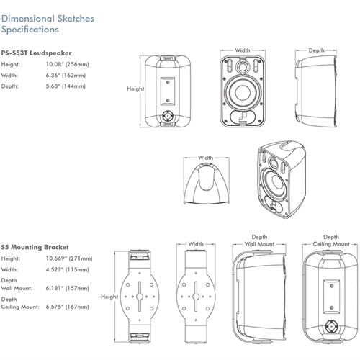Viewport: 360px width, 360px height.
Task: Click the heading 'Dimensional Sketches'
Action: [x=48, y=19]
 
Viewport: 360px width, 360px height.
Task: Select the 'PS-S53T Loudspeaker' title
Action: [x=36, y=53]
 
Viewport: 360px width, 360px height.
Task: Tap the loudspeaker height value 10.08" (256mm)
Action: [x=68, y=64]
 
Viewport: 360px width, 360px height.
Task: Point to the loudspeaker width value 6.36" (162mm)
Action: [x=66, y=76]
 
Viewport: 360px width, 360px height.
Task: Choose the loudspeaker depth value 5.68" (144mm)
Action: [x=66, y=86]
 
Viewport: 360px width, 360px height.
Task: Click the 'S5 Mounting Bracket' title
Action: [x=35, y=247]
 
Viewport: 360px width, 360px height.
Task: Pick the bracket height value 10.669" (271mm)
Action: [x=69, y=258]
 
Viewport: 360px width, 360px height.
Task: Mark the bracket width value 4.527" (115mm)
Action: [x=68, y=269]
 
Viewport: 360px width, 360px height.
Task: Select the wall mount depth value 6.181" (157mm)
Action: [x=68, y=288]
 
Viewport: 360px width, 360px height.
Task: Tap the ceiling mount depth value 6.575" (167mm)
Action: [x=68, y=307]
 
